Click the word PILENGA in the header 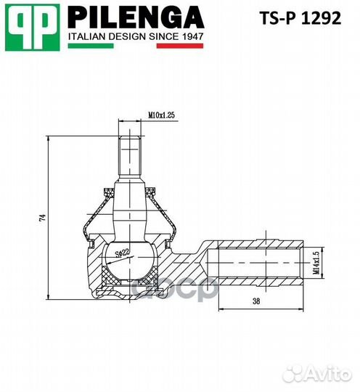click(135, 17)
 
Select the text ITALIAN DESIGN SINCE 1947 click(135, 36)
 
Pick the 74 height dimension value click(43, 216)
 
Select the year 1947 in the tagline click(190, 36)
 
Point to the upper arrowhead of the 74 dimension click(47, 139)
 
